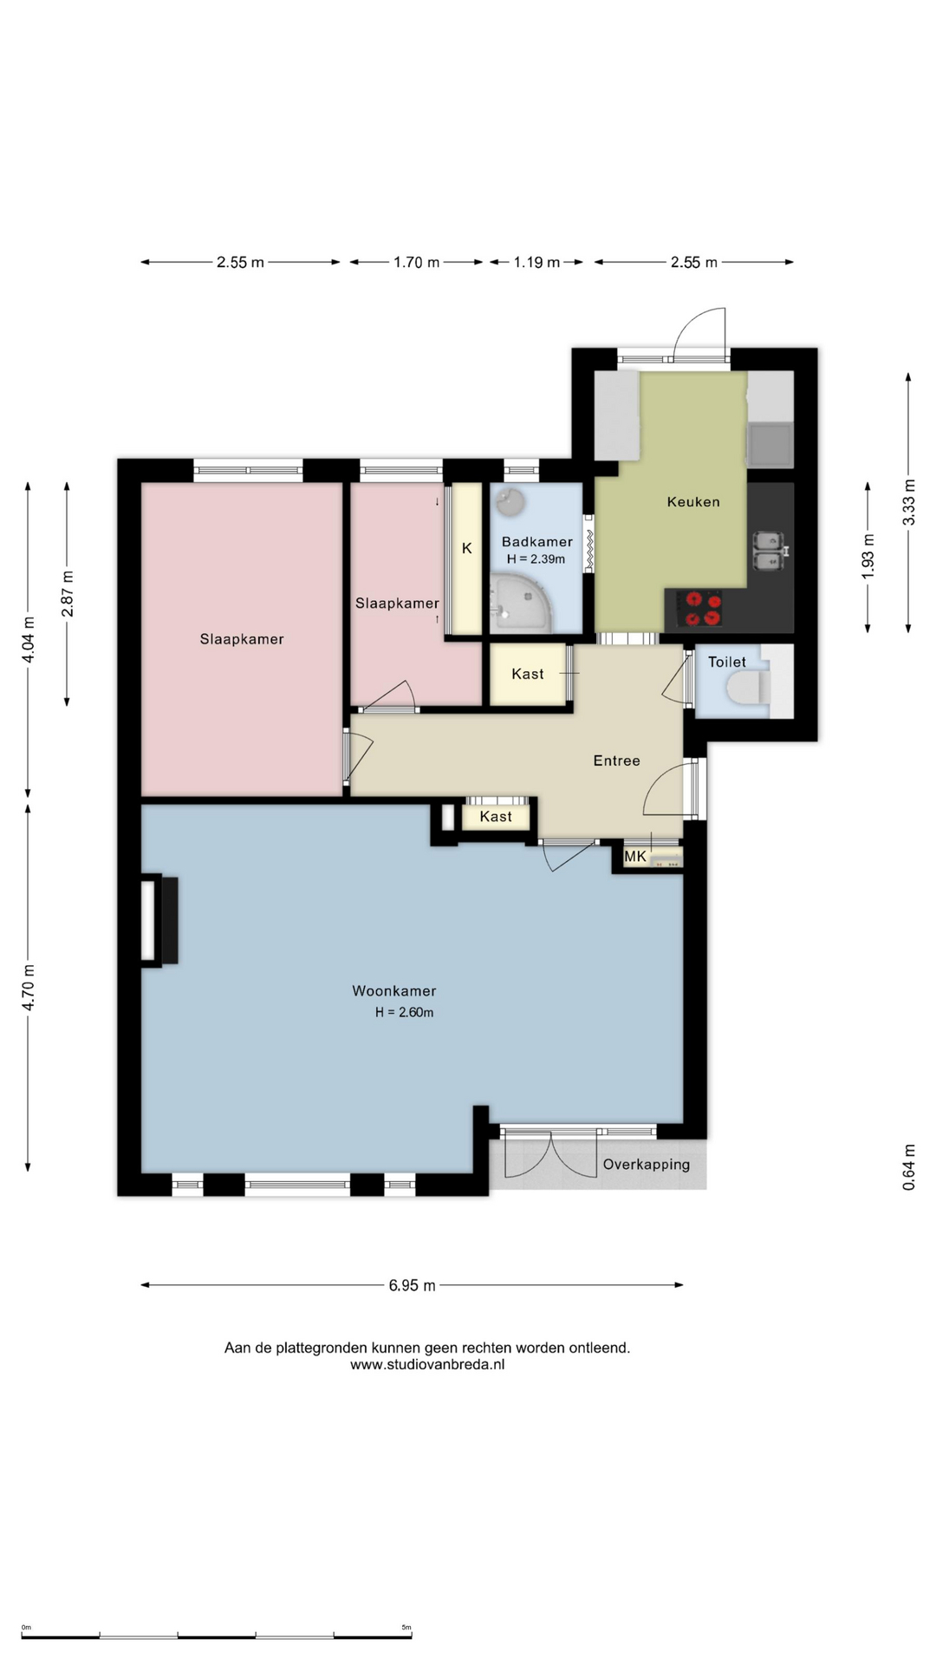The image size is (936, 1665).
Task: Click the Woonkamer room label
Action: (393, 990)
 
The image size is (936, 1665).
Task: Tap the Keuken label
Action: (693, 501)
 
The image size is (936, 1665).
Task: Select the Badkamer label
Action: (537, 542)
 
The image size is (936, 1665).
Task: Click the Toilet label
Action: (727, 662)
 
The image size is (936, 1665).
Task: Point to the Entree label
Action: (617, 761)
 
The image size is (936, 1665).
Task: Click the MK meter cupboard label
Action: (635, 857)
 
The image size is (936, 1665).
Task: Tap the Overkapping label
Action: (647, 1165)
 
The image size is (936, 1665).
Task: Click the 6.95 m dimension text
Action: (412, 1285)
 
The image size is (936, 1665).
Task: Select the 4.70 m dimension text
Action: (29, 988)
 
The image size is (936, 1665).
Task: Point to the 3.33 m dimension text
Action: (908, 502)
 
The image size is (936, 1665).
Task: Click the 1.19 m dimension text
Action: (536, 262)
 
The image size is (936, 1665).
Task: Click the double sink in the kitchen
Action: (769, 552)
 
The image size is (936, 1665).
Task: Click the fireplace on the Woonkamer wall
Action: (160, 920)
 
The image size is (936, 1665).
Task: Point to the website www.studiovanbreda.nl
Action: (427, 1364)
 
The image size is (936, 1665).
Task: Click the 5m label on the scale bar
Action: (406, 1628)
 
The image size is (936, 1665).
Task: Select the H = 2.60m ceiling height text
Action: (404, 1012)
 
